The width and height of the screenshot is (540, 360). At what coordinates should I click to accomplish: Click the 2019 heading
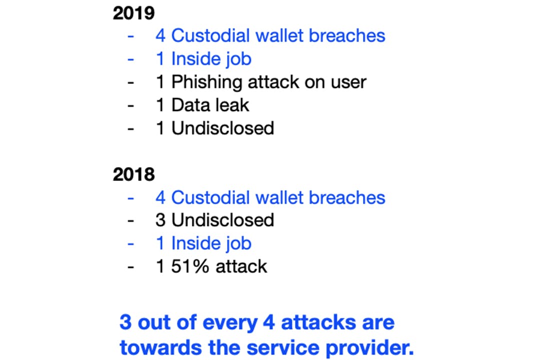pyautogui.click(x=133, y=13)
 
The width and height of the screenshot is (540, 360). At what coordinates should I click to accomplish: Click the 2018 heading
pyautogui.click(x=133, y=174)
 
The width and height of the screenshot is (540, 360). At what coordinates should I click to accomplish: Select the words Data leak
pyautogui.click(x=210, y=104)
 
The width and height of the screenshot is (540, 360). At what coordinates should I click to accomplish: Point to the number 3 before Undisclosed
pyautogui.click(x=160, y=220)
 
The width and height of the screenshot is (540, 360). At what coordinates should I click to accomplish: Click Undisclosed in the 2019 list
pyautogui.click(x=223, y=128)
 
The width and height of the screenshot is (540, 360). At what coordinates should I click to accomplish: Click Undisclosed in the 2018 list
pyautogui.click(x=223, y=220)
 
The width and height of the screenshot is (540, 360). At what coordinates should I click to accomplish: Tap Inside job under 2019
pyautogui.click(x=211, y=59)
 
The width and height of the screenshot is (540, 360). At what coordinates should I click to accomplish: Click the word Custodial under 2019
pyautogui.click(x=210, y=36)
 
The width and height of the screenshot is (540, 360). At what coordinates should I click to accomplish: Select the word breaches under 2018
pyautogui.click(x=347, y=197)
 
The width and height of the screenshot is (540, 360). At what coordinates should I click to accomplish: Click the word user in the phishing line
pyautogui.click(x=348, y=82)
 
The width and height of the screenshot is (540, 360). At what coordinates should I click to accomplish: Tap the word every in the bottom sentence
pyautogui.click(x=230, y=324)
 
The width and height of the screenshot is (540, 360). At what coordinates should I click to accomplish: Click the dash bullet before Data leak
pyautogui.click(x=130, y=105)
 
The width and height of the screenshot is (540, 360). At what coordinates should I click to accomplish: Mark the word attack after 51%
pyautogui.click(x=241, y=266)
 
